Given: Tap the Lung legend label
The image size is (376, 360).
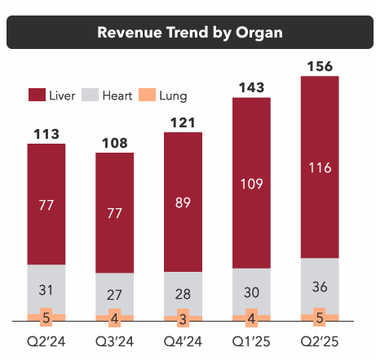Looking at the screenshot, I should (x=173, y=96).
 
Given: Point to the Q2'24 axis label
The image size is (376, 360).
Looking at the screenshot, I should (x=47, y=337).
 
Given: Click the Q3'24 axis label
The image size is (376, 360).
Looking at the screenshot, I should (x=116, y=337).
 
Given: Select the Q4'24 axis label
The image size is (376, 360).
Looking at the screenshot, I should (x=184, y=337).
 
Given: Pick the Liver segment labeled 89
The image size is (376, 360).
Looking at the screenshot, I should (x=184, y=202).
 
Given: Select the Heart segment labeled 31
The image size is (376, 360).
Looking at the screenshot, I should (x=47, y=290).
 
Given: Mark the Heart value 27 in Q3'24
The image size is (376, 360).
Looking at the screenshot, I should (x=116, y=294).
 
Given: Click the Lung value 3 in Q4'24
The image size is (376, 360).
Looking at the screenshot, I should (x=184, y=318).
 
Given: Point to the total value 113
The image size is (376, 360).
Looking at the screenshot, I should (x=47, y=133).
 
